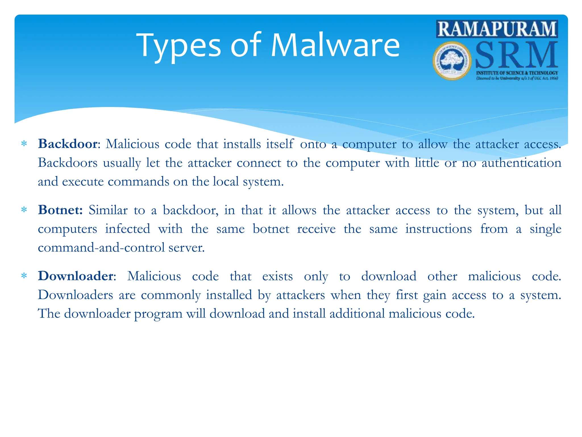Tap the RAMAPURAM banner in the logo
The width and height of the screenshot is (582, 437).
[497, 29]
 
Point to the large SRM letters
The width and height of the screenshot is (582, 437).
[516, 55]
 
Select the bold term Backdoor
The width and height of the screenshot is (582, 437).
[68, 144]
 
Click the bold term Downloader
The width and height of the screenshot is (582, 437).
[76, 276]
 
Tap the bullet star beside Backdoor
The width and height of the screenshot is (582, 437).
[24, 144]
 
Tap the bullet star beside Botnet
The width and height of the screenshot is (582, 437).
[24, 210]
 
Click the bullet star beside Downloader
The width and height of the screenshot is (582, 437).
[24, 276]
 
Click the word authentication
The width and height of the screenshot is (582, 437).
[521, 163]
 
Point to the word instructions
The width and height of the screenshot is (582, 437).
[438, 229]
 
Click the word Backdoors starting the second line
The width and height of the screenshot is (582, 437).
[68, 163]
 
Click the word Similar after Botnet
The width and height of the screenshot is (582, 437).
[108, 210]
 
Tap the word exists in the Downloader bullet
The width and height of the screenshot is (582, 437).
[277, 276]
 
